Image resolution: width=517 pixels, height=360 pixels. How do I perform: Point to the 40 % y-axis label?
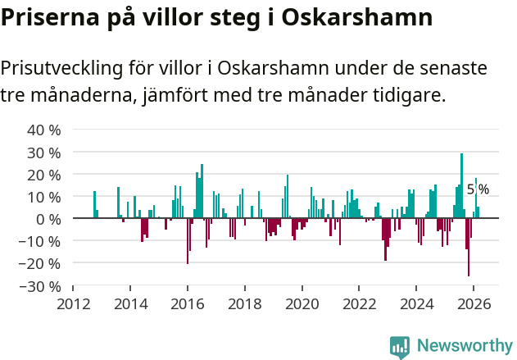(44, 130)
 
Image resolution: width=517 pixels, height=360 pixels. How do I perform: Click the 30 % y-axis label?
(44, 153)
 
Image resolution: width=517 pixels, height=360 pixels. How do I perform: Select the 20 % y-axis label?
(44, 175)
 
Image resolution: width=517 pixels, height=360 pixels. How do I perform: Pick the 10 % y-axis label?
(44, 197)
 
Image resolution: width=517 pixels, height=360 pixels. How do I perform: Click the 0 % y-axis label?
(48, 219)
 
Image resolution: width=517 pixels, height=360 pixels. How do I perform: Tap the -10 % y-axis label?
(41, 242)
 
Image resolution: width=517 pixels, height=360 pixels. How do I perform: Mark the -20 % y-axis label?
(41, 264)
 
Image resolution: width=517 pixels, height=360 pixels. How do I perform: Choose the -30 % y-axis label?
(41, 286)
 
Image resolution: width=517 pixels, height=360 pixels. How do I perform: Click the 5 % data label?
(478, 189)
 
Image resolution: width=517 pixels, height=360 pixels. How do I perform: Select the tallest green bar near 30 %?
(461, 185)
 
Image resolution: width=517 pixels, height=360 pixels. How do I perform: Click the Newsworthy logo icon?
(400, 346)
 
